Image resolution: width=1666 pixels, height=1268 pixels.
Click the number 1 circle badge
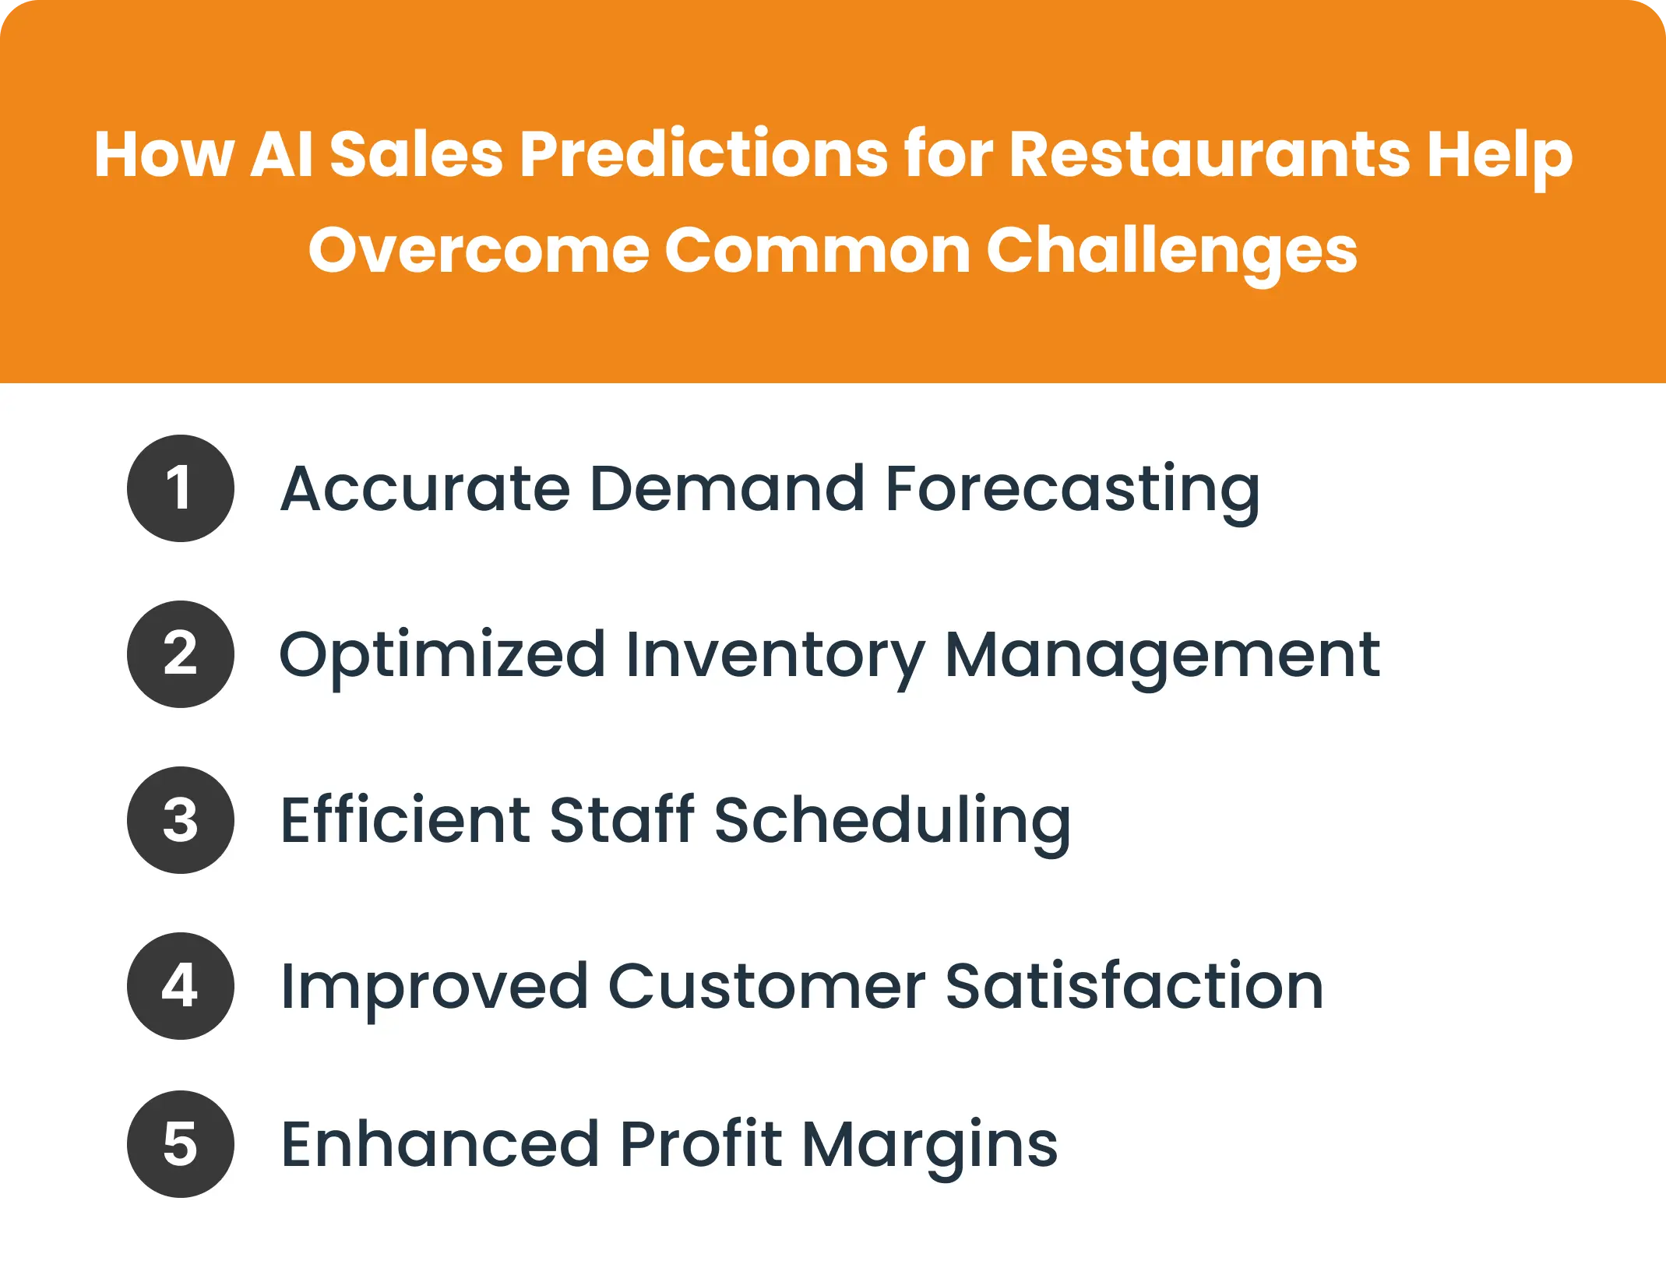[x=180, y=488]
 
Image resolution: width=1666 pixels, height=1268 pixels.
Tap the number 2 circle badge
[x=180, y=654]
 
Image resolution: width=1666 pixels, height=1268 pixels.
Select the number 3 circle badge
[x=180, y=820]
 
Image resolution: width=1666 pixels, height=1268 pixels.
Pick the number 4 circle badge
[x=180, y=986]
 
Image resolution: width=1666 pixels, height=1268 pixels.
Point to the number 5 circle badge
[x=180, y=1144]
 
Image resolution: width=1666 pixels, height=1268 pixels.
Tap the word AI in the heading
[x=282, y=153]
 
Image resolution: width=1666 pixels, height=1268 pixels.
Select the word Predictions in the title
[x=703, y=153]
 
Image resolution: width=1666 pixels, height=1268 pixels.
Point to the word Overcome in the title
[x=478, y=251]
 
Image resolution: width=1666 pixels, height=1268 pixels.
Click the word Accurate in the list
[x=425, y=488]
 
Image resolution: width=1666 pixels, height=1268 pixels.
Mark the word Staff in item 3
[x=622, y=820]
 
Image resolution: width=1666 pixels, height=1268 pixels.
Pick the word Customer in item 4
[x=766, y=986]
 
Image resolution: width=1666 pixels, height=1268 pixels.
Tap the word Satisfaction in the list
[x=1134, y=986]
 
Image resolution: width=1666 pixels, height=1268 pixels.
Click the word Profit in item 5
[x=701, y=1144]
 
